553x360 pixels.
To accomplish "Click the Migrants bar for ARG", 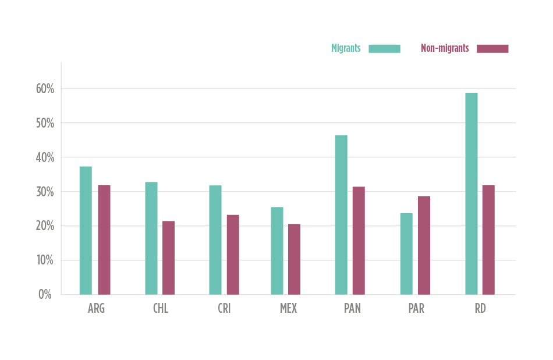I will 86,230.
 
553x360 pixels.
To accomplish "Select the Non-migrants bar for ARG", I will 104,239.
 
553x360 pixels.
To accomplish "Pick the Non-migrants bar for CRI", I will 233,254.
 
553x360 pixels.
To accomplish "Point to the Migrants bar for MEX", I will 277,250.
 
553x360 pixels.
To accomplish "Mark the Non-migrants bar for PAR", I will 424,245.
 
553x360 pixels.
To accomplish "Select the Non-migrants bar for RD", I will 488,239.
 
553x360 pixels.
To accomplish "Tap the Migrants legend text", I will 346,48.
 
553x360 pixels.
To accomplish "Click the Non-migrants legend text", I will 445,48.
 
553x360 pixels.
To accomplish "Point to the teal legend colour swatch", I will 384,48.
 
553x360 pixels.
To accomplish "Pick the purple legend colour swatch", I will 492,48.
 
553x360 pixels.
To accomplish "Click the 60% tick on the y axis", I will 45,89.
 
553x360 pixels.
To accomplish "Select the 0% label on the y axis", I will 45,294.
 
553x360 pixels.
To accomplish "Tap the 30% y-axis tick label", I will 45,192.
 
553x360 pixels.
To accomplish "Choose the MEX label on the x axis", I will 288,309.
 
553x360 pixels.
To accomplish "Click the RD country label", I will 480,309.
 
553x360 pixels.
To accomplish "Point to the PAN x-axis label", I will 352,309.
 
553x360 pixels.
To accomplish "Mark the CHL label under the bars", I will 161,309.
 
